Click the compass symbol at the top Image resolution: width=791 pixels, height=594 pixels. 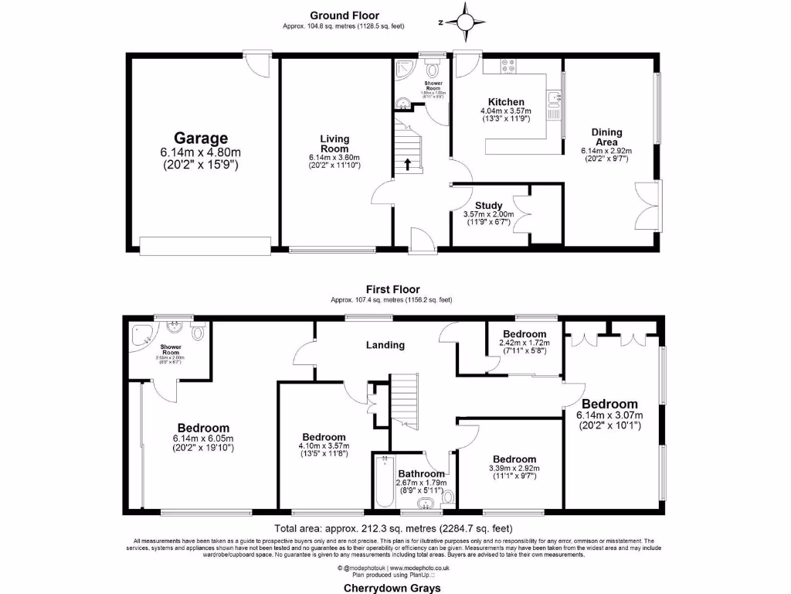(x=466, y=22)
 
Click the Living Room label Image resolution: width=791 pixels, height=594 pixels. (x=334, y=144)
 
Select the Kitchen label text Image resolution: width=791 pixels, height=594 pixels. (x=506, y=102)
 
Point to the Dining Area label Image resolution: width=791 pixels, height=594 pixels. (x=606, y=137)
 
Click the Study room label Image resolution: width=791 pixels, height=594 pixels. (x=489, y=205)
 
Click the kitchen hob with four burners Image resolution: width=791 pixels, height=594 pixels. (x=508, y=67)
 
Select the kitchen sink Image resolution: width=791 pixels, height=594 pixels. (x=554, y=98)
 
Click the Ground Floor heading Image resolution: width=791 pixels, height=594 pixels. (x=342, y=15)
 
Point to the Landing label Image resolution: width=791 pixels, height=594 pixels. (x=385, y=345)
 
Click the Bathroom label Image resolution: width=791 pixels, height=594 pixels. (x=421, y=473)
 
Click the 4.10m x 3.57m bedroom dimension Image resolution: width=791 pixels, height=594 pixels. (x=324, y=445)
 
